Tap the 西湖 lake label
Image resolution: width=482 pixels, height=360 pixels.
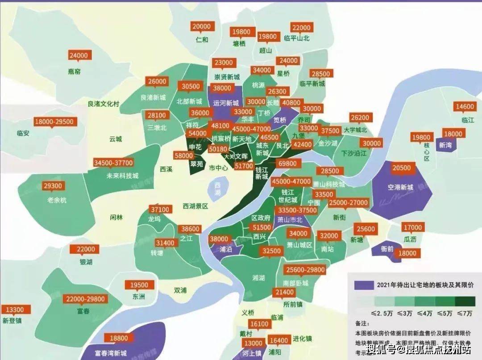tap(217, 188)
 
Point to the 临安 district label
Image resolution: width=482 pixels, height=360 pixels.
tap(23, 133)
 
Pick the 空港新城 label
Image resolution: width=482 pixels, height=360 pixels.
tap(401, 187)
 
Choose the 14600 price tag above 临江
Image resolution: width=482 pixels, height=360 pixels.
tap(465, 107)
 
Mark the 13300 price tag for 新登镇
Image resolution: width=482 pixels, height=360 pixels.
tap(16, 310)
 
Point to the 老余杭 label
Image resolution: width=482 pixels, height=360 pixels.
tap(57, 200)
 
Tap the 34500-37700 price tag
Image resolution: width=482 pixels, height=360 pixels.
tap(113, 163)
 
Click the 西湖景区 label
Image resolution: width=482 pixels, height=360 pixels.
tap(195, 206)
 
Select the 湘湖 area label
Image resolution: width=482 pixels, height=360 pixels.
tap(258, 278)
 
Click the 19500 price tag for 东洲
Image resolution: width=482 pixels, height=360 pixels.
tap(139, 285)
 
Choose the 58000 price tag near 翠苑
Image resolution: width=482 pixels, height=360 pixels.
tap(184, 155)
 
